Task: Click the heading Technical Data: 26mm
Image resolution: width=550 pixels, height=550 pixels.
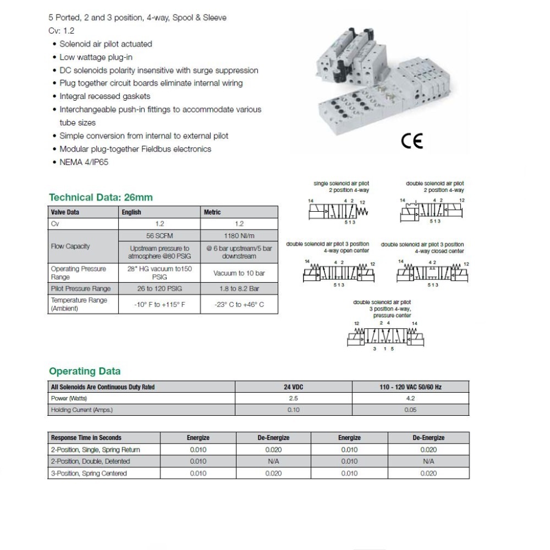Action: (x=101, y=197)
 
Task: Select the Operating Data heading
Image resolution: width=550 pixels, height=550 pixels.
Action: (x=85, y=371)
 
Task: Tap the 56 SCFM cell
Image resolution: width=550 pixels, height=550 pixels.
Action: (x=159, y=235)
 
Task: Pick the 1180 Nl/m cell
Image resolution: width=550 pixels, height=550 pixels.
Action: (x=239, y=235)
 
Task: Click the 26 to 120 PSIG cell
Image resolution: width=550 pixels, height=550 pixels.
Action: (x=159, y=289)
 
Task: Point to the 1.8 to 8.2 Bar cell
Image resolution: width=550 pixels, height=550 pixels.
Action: (x=239, y=289)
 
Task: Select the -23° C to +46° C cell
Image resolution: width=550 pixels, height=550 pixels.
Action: (x=239, y=304)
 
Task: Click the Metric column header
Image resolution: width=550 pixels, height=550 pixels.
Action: (x=212, y=212)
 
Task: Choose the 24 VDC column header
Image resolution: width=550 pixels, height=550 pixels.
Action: (x=293, y=387)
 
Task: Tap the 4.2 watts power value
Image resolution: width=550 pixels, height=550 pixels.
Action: (x=410, y=398)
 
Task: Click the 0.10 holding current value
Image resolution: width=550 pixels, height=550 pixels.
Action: (x=293, y=410)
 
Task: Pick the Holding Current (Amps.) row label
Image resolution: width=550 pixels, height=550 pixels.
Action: (x=82, y=410)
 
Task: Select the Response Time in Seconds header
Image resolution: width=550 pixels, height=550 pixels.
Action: (x=86, y=438)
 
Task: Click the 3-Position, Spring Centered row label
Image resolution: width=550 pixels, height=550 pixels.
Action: (x=89, y=474)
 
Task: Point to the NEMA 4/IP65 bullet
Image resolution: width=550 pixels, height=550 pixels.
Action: (x=84, y=162)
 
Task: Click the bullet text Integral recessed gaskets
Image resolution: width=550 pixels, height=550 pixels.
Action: (x=105, y=96)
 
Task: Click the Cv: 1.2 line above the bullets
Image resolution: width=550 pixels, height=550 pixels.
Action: (x=61, y=31)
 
